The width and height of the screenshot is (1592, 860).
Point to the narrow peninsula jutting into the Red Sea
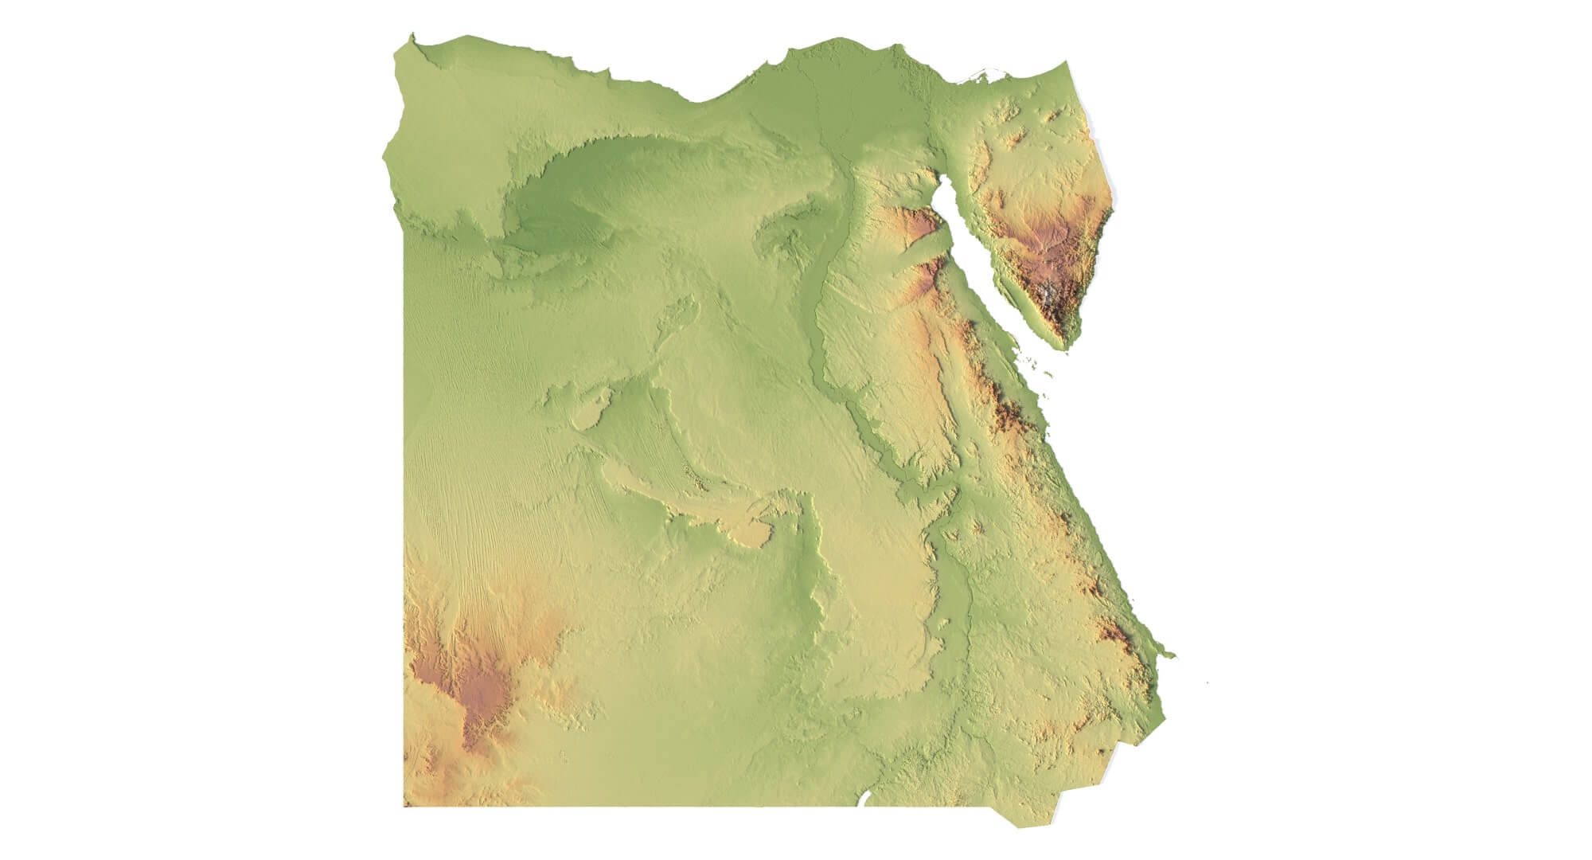pos(1167,655)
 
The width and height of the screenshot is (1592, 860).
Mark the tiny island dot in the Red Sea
pos(1208,682)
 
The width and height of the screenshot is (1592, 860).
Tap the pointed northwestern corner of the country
pos(412,36)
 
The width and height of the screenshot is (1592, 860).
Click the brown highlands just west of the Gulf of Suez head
pos(919,227)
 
